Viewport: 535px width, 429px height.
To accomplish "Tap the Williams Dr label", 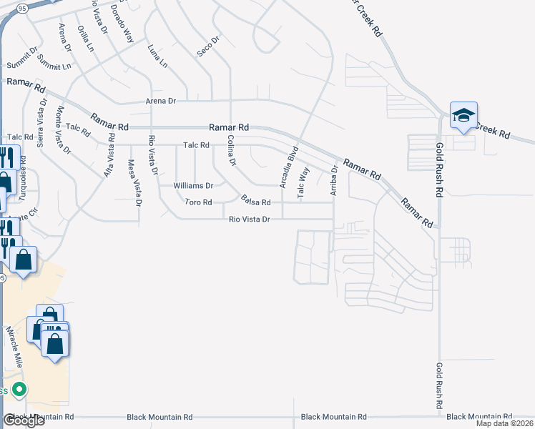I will coord(193,186).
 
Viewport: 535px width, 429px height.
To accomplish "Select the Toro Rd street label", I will coord(198,202).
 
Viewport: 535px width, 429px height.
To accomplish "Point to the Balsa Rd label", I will coord(255,202).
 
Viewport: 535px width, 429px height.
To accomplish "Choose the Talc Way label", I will coord(303,182).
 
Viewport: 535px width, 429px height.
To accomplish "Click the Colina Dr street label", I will coord(230,150).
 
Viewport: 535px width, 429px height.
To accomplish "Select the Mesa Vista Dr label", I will coord(134,181).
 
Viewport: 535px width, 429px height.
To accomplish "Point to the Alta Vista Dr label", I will coord(109,154).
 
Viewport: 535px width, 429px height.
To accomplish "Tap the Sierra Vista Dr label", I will coord(42,129).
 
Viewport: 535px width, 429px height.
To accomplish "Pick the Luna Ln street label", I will coord(157,55).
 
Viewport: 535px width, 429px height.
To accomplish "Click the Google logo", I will coord(24,420).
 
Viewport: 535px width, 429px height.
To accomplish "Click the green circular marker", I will coord(19,390).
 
